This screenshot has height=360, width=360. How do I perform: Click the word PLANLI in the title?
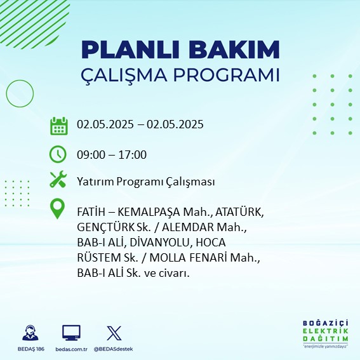130,50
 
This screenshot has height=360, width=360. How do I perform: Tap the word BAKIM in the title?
234,50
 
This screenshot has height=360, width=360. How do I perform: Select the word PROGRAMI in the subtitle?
227,75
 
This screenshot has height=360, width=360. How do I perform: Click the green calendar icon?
59,126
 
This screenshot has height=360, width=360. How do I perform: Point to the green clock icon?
58,154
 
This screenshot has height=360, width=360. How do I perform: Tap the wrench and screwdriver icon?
58,179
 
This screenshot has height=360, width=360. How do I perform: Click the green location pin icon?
57,208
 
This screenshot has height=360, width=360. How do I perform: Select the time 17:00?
133,155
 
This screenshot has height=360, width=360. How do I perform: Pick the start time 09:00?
91,155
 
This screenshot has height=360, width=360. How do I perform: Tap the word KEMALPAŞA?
149,212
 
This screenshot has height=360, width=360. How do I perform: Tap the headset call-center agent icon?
30,333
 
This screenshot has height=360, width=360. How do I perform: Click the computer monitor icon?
71,333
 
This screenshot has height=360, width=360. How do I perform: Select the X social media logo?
114,333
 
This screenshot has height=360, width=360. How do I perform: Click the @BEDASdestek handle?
113,349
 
